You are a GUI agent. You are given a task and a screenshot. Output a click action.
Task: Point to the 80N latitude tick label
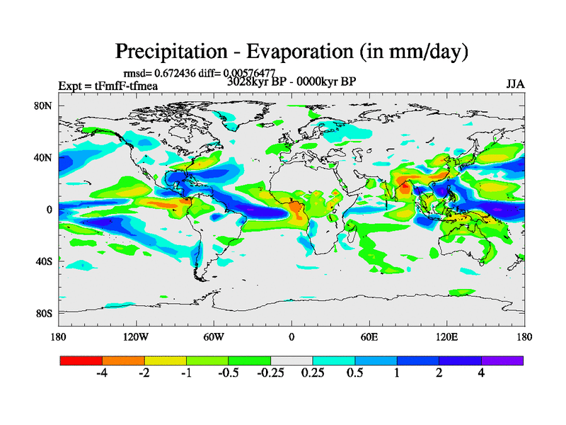(45, 106)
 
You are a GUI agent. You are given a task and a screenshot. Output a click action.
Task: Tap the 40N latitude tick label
(45, 158)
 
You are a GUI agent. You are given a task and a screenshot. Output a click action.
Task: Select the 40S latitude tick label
(45, 261)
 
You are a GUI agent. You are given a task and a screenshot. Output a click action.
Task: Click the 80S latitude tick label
(45, 313)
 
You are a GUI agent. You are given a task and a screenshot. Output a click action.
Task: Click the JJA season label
(514, 85)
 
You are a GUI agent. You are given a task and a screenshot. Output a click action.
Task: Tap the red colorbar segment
(81, 361)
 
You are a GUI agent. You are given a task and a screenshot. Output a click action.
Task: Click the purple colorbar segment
(502, 361)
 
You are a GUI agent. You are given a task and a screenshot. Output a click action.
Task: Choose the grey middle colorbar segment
(291, 361)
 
